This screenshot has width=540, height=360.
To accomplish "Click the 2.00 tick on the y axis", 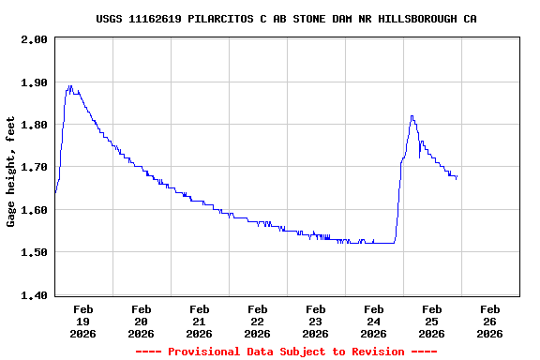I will click(34, 39).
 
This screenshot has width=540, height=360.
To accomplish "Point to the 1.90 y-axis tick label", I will click(34, 82).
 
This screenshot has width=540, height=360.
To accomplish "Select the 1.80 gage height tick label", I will click(34, 125).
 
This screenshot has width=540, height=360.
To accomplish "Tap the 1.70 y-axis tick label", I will click(34, 168).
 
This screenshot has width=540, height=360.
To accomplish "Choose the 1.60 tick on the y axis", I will click(34, 210).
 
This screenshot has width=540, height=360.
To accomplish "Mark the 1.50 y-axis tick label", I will click(34, 252).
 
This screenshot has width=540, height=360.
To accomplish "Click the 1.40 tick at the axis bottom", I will click(34, 295).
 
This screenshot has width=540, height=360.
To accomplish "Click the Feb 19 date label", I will click(83, 321).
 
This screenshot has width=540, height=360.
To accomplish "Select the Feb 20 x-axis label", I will click(142, 321).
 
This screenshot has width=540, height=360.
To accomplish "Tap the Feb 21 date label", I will click(200, 321).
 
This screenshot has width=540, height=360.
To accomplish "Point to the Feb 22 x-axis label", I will click(258, 321).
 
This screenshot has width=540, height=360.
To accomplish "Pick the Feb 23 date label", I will click(316, 321).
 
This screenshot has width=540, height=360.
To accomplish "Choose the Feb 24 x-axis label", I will click(374, 321).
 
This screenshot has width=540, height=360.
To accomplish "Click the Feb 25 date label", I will click(432, 321).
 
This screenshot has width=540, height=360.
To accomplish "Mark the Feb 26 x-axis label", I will click(490, 321).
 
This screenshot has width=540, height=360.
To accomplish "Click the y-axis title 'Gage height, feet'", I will click(11, 171).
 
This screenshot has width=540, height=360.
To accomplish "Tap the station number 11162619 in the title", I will click(156, 19).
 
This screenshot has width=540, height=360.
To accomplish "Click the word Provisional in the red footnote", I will click(203, 352).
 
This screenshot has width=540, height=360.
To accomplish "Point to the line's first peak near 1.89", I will click(69, 86).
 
